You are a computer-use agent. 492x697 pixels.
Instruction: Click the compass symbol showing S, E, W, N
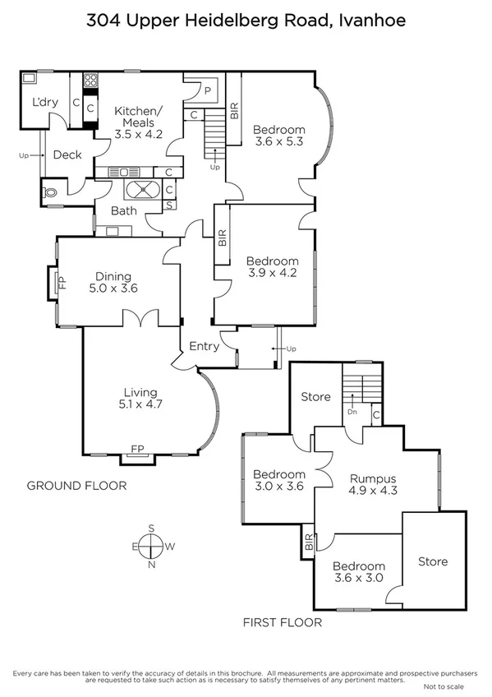151,546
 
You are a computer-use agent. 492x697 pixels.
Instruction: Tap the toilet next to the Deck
51,191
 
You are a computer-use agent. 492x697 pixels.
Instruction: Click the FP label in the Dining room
60,284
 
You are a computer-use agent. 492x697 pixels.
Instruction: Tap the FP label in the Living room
138,449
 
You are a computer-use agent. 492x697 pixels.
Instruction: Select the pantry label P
208,91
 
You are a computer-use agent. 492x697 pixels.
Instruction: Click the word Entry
204,346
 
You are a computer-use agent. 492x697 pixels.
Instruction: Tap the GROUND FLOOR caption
76,486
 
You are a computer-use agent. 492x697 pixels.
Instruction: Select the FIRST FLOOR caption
282,622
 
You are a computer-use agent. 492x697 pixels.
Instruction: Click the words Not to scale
444,685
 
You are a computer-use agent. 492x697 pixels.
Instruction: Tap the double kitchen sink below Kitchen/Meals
124,172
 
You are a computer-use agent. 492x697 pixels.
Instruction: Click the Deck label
67,155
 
